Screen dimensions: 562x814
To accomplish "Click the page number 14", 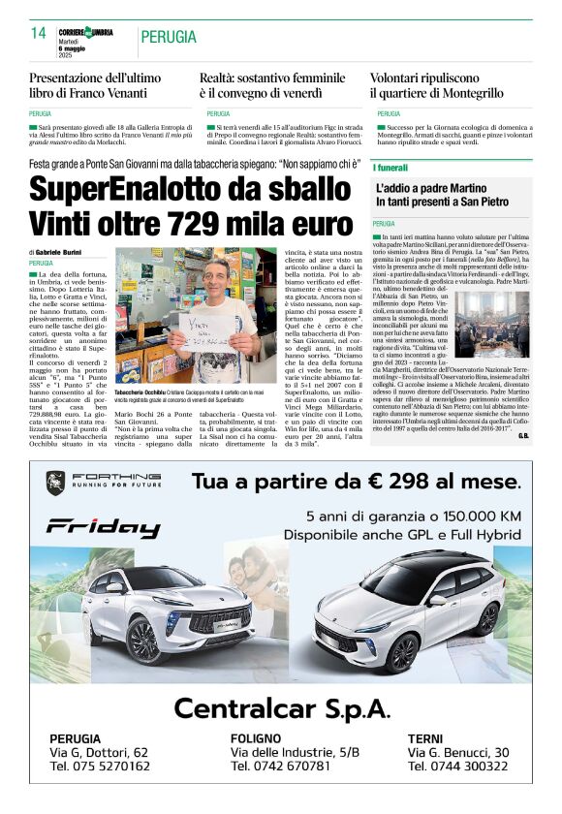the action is click(39, 34).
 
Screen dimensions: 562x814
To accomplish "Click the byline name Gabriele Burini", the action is click(58, 252).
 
